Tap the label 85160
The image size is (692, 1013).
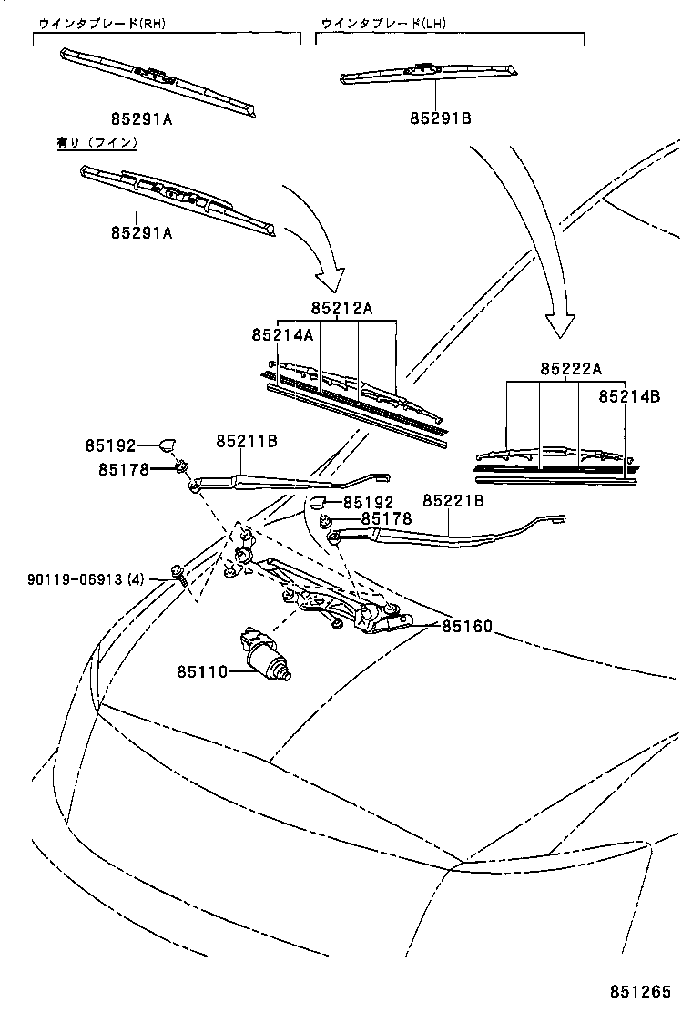click(467, 627)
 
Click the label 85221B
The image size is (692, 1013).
click(453, 500)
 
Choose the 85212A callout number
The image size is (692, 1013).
click(341, 309)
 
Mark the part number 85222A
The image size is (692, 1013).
click(571, 369)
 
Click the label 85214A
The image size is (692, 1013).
click(282, 335)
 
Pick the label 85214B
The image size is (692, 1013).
click(629, 396)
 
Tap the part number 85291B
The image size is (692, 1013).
click(440, 118)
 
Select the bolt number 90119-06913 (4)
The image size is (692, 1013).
click(86, 578)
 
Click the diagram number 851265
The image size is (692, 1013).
click(647, 992)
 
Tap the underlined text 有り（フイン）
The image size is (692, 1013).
click(97, 143)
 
